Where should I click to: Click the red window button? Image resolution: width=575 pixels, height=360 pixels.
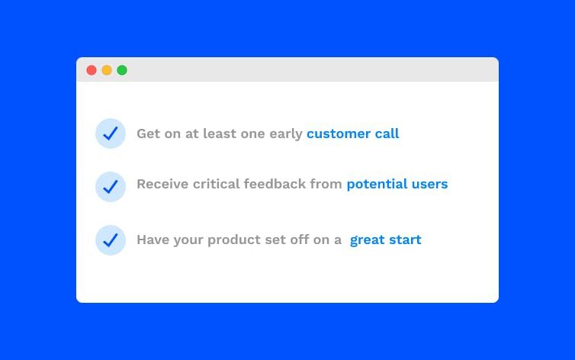pyautogui.click(x=92, y=70)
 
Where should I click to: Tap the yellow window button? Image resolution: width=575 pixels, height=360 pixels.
pyautogui.click(x=107, y=70)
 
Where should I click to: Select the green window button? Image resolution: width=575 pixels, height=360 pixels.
pyautogui.click(x=122, y=70)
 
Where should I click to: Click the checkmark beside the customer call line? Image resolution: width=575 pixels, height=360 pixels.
pyautogui.click(x=111, y=133)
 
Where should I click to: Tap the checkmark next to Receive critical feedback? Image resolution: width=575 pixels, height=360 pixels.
pyautogui.click(x=111, y=187)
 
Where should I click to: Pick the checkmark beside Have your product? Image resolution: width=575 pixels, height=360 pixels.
pyautogui.click(x=111, y=240)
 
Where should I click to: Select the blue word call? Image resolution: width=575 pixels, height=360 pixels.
pyautogui.click(x=387, y=133)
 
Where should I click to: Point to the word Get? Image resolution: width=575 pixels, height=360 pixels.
pyautogui.click(x=149, y=133)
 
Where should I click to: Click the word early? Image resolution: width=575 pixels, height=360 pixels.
pyautogui.click(x=286, y=134)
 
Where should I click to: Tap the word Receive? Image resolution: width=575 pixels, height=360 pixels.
pyautogui.click(x=162, y=184)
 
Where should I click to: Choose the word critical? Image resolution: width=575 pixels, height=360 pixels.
pyautogui.click(x=216, y=184)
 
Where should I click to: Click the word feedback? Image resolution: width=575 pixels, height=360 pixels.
pyautogui.click(x=275, y=184)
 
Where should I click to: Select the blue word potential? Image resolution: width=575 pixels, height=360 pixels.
pyautogui.click(x=377, y=185)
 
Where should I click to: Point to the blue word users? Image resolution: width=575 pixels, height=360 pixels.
pyautogui.click(x=430, y=185)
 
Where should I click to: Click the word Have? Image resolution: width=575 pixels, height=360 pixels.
pyautogui.click(x=153, y=239)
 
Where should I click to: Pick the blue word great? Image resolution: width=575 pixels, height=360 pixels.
pyautogui.click(x=368, y=240)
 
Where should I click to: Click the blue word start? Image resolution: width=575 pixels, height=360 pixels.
pyautogui.click(x=405, y=240)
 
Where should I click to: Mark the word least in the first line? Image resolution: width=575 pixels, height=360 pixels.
pyautogui.click(x=220, y=133)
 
